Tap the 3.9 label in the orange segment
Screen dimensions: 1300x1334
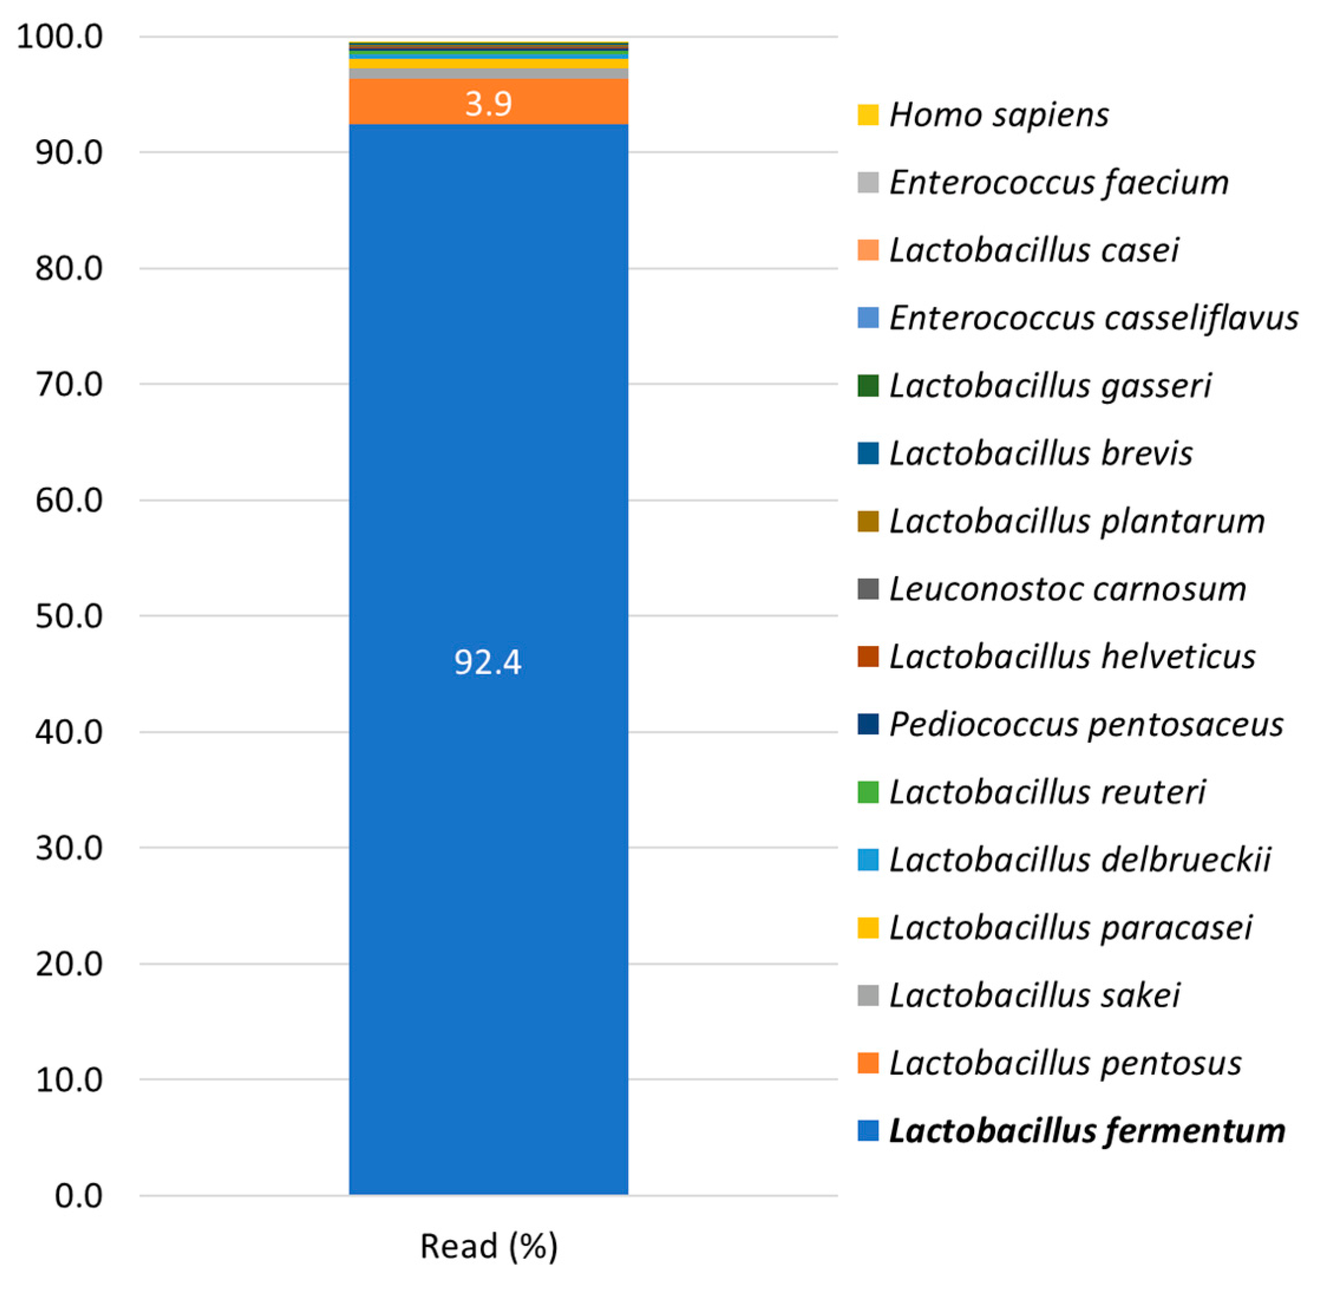tap(488, 104)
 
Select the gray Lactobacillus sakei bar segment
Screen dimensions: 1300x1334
tap(488, 74)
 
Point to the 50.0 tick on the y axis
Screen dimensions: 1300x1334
tap(69, 616)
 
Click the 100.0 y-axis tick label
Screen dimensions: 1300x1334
tap(60, 37)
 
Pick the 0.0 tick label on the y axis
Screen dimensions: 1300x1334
tap(78, 1196)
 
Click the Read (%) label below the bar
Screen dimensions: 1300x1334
tap(489, 1246)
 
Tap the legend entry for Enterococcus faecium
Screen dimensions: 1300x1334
tap(1058, 182)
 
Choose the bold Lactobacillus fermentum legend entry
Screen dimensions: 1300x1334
tap(1086, 1131)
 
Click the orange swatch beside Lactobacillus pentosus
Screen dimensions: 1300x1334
tap(867, 1063)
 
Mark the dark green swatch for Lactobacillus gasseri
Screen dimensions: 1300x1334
tap(867, 386)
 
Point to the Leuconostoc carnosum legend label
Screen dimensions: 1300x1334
tap(1067, 589)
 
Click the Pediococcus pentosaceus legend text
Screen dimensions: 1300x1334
tap(1086, 724)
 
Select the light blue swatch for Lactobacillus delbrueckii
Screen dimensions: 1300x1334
tap(867, 859)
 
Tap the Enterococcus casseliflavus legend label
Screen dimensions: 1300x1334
tap(1093, 318)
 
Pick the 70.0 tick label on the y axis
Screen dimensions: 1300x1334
tap(69, 385)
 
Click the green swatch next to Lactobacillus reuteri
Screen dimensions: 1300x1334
tap(867, 792)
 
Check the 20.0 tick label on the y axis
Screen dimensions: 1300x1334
tap(69, 964)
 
